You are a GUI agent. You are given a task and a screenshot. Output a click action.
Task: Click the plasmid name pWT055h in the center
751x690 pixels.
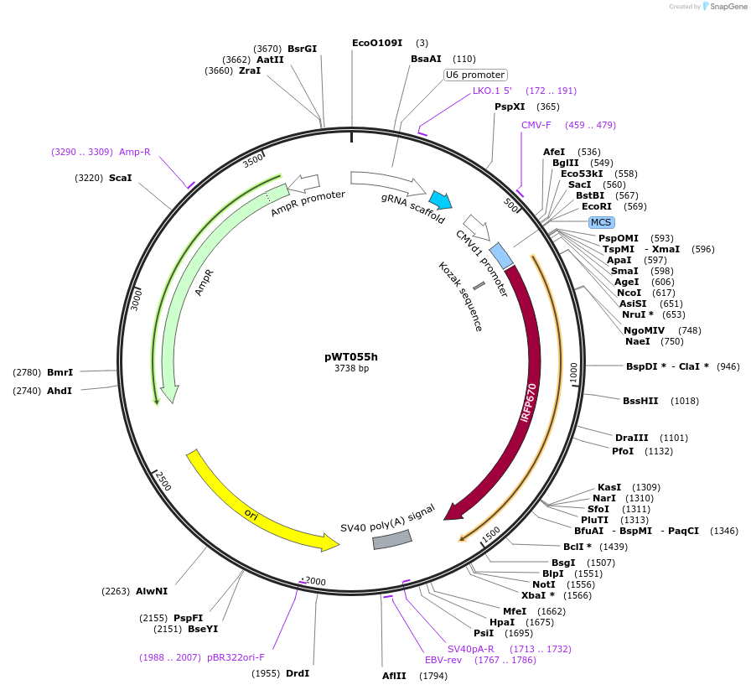tap(351, 355)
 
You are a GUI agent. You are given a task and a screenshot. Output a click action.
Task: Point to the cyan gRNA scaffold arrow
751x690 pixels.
tap(439, 200)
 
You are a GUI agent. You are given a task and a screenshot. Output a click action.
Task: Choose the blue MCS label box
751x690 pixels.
tap(601, 222)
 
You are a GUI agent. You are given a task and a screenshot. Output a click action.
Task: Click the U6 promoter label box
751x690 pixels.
tap(475, 75)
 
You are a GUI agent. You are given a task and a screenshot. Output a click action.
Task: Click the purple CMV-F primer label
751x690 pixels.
tap(536, 125)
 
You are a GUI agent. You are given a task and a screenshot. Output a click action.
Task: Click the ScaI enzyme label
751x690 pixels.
tap(120, 178)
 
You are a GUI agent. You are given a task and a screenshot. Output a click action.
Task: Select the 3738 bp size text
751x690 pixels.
tap(351, 368)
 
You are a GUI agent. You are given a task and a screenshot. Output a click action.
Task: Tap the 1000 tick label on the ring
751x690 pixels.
tap(574, 373)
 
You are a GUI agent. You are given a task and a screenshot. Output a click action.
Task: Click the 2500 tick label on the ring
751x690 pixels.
tap(163, 480)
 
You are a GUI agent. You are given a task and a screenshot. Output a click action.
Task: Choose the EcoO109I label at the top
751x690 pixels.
tap(377, 43)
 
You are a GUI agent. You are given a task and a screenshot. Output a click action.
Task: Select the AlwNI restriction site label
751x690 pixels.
tap(152, 591)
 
